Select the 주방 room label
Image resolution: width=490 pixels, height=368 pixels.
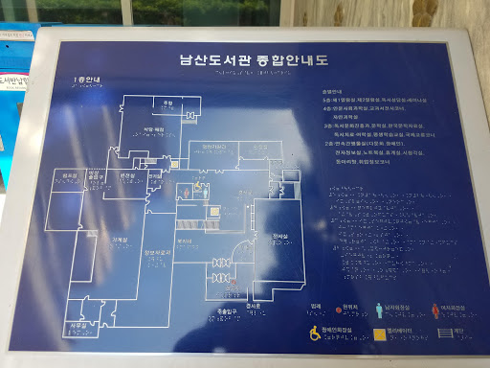click(166, 103)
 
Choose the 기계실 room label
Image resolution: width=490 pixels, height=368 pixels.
click(154, 176)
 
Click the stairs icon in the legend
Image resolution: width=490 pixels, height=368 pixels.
click(442, 333)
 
